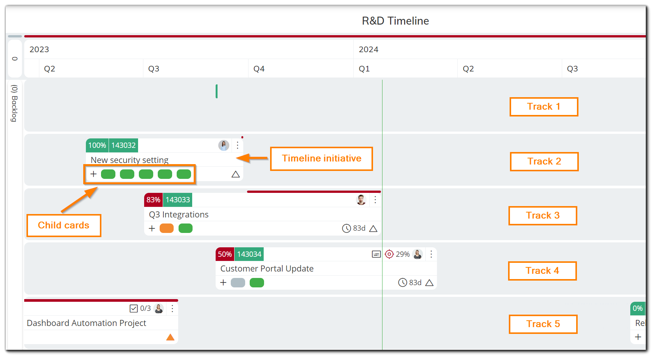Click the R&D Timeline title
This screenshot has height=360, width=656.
tap(395, 21)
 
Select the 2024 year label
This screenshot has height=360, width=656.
tap(368, 50)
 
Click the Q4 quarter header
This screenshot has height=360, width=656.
tap(259, 69)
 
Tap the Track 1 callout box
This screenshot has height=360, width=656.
tap(543, 107)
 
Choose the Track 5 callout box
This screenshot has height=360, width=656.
tap(543, 324)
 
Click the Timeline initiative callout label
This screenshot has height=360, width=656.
tap(321, 158)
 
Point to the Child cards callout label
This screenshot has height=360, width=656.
tap(64, 225)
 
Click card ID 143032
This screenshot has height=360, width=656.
tap(123, 145)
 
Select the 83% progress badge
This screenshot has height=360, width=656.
tap(153, 200)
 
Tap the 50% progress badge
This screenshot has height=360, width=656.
tap(225, 254)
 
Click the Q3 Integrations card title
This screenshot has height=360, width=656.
tap(179, 214)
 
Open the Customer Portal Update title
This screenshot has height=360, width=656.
tap(267, 268)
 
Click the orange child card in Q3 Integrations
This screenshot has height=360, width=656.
tap(166, 228)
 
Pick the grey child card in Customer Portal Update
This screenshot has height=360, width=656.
tap(238, 282)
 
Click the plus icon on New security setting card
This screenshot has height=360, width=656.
tap(93, 174)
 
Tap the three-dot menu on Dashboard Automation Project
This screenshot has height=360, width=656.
tap(172, 309)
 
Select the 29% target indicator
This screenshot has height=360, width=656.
tap(397, 254)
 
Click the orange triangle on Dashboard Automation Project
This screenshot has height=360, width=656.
tap(170, 337)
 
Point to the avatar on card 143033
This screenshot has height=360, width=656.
tap(361, 200)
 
